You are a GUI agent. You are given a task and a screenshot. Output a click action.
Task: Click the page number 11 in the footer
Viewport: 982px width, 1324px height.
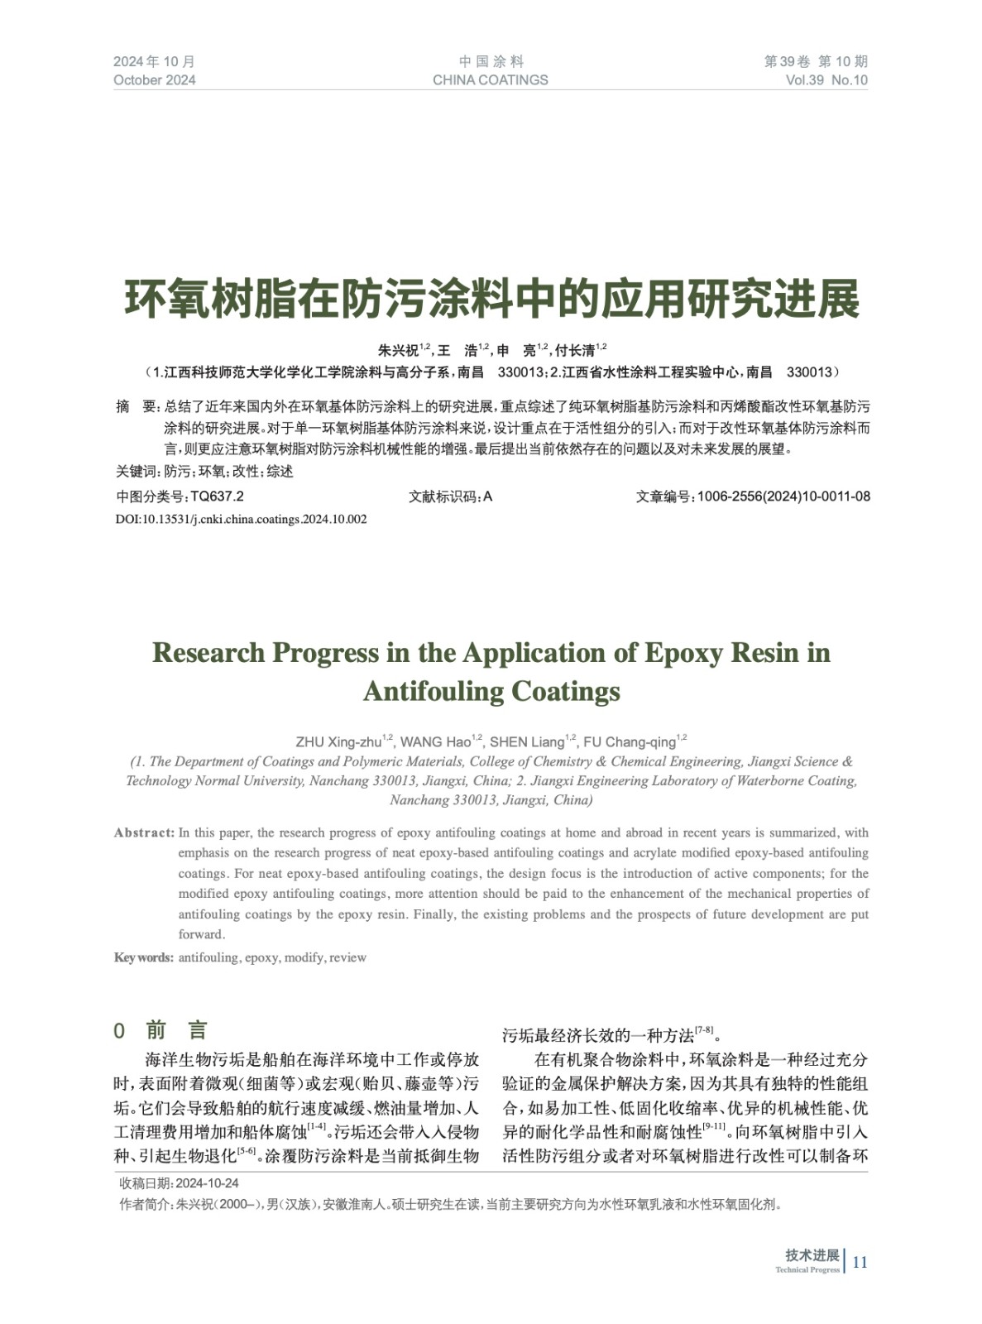[x=860, y=1262]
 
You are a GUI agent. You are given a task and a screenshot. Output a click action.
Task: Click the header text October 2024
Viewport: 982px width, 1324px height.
[x=155, y=80]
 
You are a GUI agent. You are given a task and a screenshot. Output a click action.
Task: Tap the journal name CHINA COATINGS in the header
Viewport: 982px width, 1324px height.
[x=490, y=80]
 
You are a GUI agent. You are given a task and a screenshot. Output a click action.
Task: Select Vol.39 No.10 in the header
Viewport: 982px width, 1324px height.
[x=826, y=80]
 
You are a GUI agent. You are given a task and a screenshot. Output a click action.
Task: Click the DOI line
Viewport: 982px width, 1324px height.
[x=241, y=520]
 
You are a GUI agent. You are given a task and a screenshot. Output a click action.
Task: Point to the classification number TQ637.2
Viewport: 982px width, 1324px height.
[x=217, y=496]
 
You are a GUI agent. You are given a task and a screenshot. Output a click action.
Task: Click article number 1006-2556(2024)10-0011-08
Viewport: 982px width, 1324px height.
[x=783, y=496]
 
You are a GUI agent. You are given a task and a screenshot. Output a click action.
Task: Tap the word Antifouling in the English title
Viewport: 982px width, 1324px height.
[x=432, y=691]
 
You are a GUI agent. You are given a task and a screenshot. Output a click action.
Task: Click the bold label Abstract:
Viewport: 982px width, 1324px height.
[x=144, y=832]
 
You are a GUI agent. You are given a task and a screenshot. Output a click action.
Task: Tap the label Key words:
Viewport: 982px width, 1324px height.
[x=143, y=957]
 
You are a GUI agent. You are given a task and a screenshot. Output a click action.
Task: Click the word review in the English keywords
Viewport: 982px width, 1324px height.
[x=347, y=957]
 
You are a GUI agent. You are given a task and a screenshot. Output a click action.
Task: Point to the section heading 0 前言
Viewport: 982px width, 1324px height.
[x=160, y=1030]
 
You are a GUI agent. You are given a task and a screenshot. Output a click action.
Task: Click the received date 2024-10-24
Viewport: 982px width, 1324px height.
[x=207, y=1183]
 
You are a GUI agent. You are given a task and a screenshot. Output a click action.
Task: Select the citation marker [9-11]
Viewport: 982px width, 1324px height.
[x=713, y=1127]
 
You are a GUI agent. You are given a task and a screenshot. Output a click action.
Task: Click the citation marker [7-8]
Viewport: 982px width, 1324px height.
[x=704, y=1030]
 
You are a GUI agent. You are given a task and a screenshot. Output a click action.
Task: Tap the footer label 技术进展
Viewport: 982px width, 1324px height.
[x=812, y=1255]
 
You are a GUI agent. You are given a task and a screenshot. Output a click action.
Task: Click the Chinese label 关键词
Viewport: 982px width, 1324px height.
[x=137, y=472]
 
